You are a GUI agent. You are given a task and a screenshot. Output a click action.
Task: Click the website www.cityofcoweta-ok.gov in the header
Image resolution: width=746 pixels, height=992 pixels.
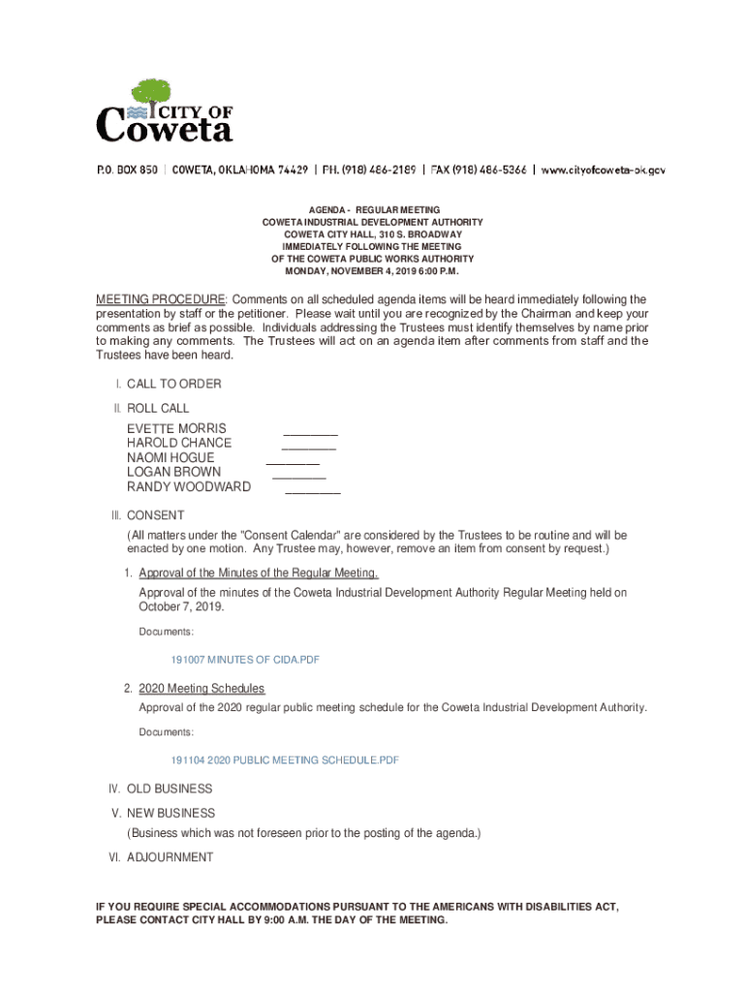603,170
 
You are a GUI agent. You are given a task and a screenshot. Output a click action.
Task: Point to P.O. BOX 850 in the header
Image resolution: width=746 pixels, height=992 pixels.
126,170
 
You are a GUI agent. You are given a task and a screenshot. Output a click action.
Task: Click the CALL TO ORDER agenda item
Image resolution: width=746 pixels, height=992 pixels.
173,384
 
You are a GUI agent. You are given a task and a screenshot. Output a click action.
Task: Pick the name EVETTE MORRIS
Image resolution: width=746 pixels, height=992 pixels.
176,428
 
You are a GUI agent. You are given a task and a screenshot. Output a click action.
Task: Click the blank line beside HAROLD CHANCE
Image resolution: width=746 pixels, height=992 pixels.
309,448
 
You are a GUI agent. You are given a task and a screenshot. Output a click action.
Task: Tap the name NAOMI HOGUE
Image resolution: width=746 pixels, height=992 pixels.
171,457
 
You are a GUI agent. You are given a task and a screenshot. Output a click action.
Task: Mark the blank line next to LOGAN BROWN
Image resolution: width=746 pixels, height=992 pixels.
299,478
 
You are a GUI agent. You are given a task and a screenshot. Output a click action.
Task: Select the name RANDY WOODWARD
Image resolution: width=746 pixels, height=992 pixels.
189,486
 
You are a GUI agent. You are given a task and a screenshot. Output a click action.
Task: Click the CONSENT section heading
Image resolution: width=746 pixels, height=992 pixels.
155,515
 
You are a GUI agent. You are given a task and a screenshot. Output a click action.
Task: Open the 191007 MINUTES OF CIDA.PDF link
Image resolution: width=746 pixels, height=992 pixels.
245,660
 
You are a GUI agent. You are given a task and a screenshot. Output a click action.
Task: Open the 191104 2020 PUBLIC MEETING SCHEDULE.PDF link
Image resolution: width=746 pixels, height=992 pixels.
285,760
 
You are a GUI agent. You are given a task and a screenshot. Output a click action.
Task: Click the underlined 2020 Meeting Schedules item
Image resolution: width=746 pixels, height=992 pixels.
202,689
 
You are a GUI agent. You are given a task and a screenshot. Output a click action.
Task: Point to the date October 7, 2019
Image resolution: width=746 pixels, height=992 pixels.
181,606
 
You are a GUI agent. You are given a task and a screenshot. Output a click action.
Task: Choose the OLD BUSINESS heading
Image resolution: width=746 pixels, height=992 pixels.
170,789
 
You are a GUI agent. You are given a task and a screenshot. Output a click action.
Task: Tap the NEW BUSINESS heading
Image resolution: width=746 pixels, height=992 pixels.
171,813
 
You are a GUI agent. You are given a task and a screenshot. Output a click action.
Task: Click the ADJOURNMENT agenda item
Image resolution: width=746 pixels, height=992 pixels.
170,857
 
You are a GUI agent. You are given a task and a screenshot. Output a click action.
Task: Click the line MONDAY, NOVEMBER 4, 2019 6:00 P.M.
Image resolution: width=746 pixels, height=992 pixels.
372,271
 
